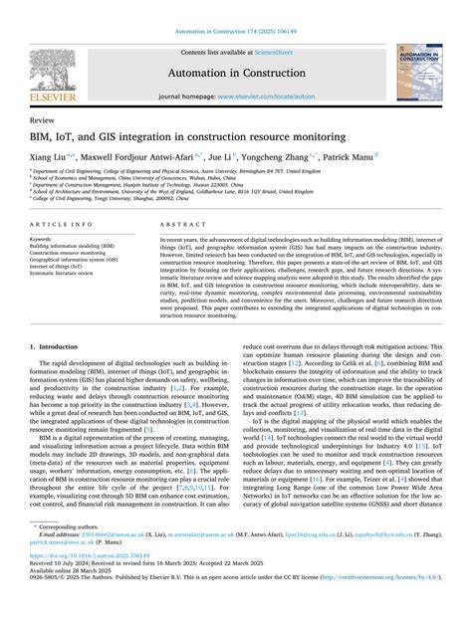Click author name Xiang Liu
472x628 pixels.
[x=51, y=156]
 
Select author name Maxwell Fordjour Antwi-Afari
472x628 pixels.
[x=142, y=156]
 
